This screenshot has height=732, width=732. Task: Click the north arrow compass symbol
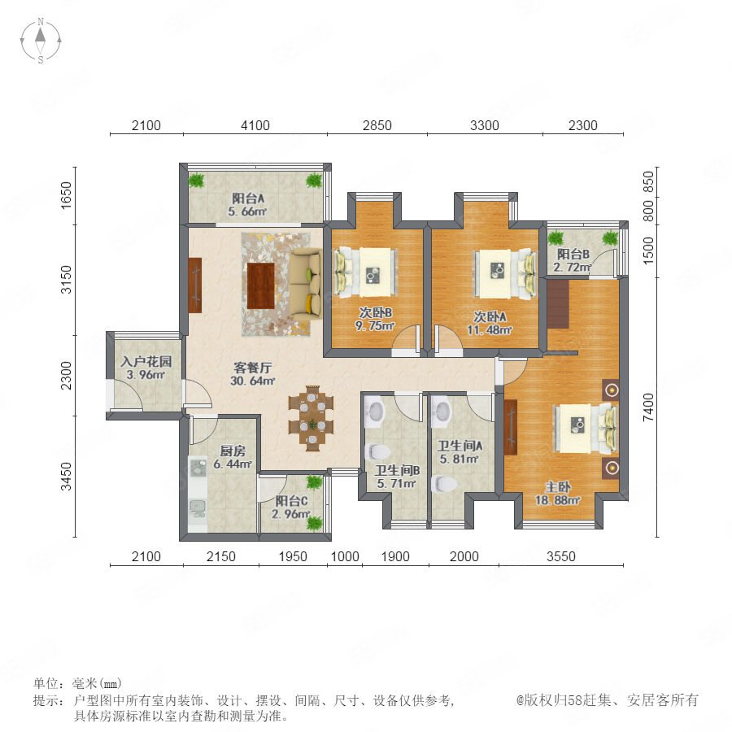tap(41, 41)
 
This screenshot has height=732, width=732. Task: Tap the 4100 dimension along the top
tap(255, 125)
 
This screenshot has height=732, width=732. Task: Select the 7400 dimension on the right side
tap(648, 407)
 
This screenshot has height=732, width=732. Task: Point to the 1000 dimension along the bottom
tap(345, 556)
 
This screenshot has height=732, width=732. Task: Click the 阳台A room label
tap(248, 198)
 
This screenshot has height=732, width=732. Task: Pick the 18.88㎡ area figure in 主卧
tap(557, 500)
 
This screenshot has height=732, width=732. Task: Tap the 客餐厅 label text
tap(253, 368)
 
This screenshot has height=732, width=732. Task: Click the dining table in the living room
tap(311, 418)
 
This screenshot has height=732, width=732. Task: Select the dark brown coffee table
tap(260, 285)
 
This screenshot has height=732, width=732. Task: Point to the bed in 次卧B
tap(365, 272)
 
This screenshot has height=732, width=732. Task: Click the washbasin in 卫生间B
tap(375, 412)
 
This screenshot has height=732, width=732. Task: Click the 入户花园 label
tap(146, 361)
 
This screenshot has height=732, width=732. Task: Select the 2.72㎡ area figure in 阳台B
tap(573, 267)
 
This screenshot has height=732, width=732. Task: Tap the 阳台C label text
tap(291, 501)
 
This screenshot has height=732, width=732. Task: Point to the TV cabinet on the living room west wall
tap(194, 285)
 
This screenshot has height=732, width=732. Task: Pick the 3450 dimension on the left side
tap(67, 476)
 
